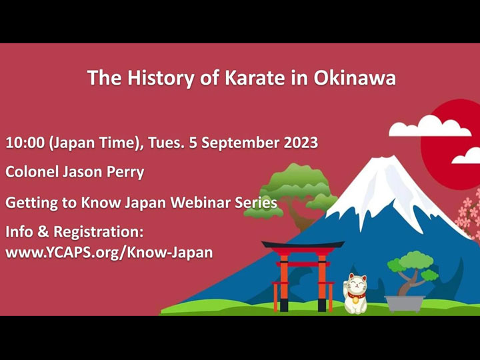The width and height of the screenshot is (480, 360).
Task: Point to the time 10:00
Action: point(24,143)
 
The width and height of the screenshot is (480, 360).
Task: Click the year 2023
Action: point(295,143)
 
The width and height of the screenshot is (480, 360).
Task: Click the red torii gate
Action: point(302,273)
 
